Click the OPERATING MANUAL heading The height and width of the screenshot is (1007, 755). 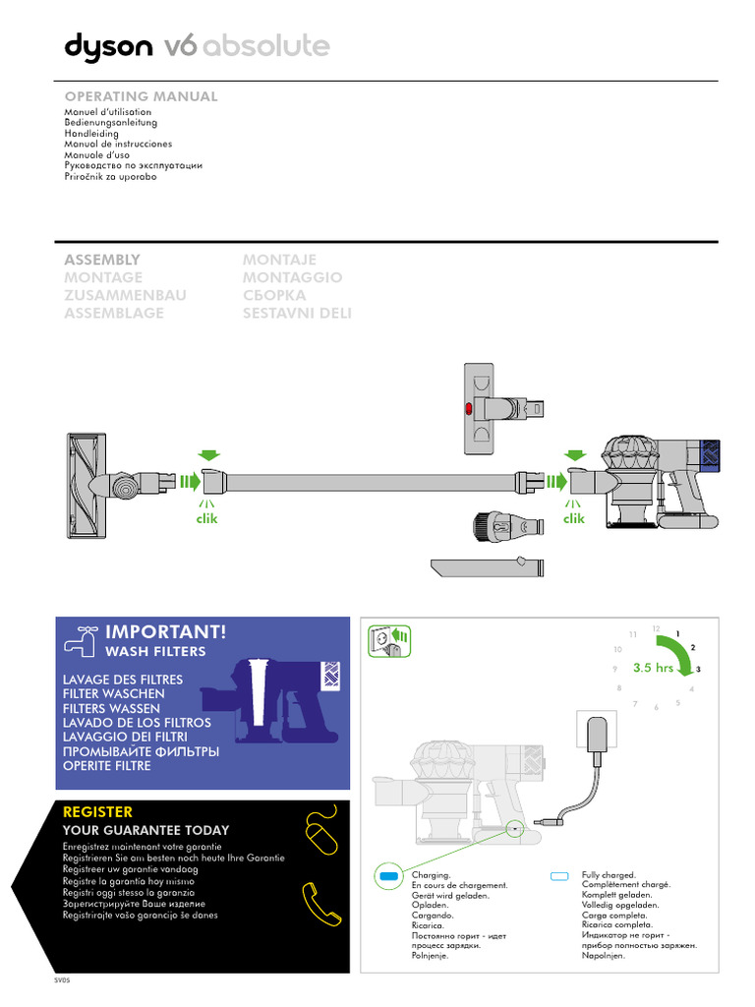click(x=141, y=96)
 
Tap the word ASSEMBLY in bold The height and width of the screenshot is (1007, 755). click(x=102, y=260)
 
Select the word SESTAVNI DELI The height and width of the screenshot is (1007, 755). click(x=297, y=313)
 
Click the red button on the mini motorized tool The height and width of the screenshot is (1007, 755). click(x=469, y=407)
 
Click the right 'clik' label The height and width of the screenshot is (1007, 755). click(x=573, y=518)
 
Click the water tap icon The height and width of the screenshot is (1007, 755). click(x=79, y=639)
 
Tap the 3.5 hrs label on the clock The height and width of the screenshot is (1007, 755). click(x=653, y=668)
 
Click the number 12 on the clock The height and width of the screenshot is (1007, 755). click(x=656, y=628)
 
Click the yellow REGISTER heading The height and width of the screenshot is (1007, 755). click(x=97, y=811)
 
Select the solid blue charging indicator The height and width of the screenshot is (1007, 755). click(x=389, y=875)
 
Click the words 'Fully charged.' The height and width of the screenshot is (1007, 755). click(x=609, y=874)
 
